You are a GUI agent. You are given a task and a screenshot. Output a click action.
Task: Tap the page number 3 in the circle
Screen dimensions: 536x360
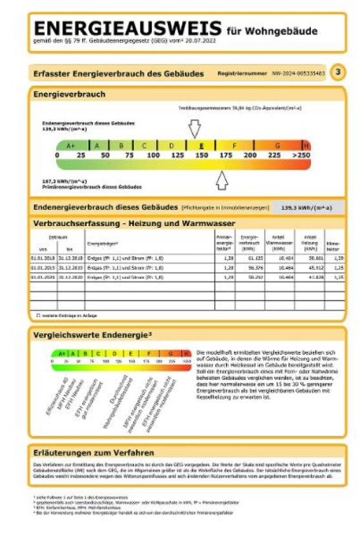[x=337, y=72]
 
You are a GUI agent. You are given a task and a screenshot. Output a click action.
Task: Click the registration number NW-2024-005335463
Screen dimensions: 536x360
[x=299, y=74]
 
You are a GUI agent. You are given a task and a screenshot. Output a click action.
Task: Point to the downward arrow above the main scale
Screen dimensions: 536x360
[x=194, y=129]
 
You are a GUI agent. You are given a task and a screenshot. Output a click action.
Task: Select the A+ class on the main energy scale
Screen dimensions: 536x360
[x=71, y=146]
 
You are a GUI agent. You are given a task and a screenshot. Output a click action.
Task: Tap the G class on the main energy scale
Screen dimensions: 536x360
[x=277, y=146]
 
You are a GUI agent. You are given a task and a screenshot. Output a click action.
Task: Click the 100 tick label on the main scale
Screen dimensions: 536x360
[x=153, y=156]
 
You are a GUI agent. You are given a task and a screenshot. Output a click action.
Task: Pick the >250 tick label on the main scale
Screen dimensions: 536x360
[x=301, y=156]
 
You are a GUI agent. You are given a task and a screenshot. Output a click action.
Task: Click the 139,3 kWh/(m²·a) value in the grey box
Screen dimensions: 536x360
[x=306, y=208]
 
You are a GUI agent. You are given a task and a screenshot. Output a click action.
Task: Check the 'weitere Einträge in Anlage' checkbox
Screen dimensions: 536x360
[x=38, y=315]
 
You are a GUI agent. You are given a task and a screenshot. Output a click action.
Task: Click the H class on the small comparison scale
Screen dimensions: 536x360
[x=186, y=353]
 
